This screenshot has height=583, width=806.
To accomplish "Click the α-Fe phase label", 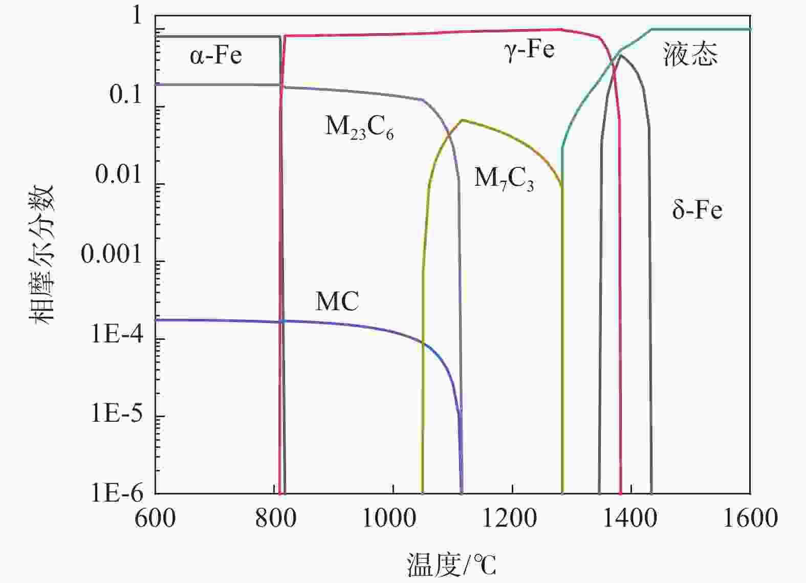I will [215, 55].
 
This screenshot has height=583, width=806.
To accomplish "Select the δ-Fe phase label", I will [697, 210].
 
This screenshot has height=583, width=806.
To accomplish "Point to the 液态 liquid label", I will [690, 54].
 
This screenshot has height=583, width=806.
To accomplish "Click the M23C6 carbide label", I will [359, 127].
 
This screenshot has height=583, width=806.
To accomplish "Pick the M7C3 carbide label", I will [504, 179].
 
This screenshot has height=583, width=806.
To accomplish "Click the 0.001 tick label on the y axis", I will [111, 253].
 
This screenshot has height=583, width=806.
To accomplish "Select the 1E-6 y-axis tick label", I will [118, 493].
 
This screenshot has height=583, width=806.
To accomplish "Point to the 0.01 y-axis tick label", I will [118, 175].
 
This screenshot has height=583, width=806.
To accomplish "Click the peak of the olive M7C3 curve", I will [463, 120].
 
